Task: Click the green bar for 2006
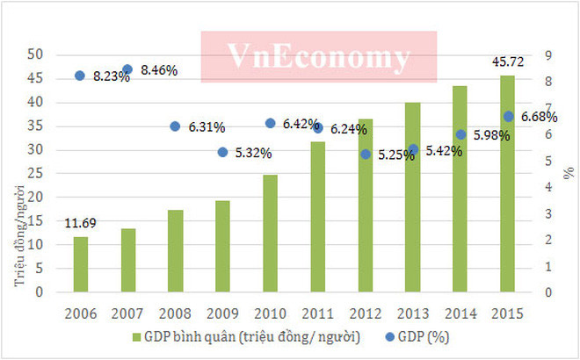point(80,264)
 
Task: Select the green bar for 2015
point(508,184)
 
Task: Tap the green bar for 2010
point(270,234)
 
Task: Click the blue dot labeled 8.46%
point(127,69)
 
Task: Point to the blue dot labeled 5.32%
point(222,152)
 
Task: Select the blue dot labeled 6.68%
point(508,116)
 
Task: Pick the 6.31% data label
point(206,127)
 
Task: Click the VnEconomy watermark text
point(318,58)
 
